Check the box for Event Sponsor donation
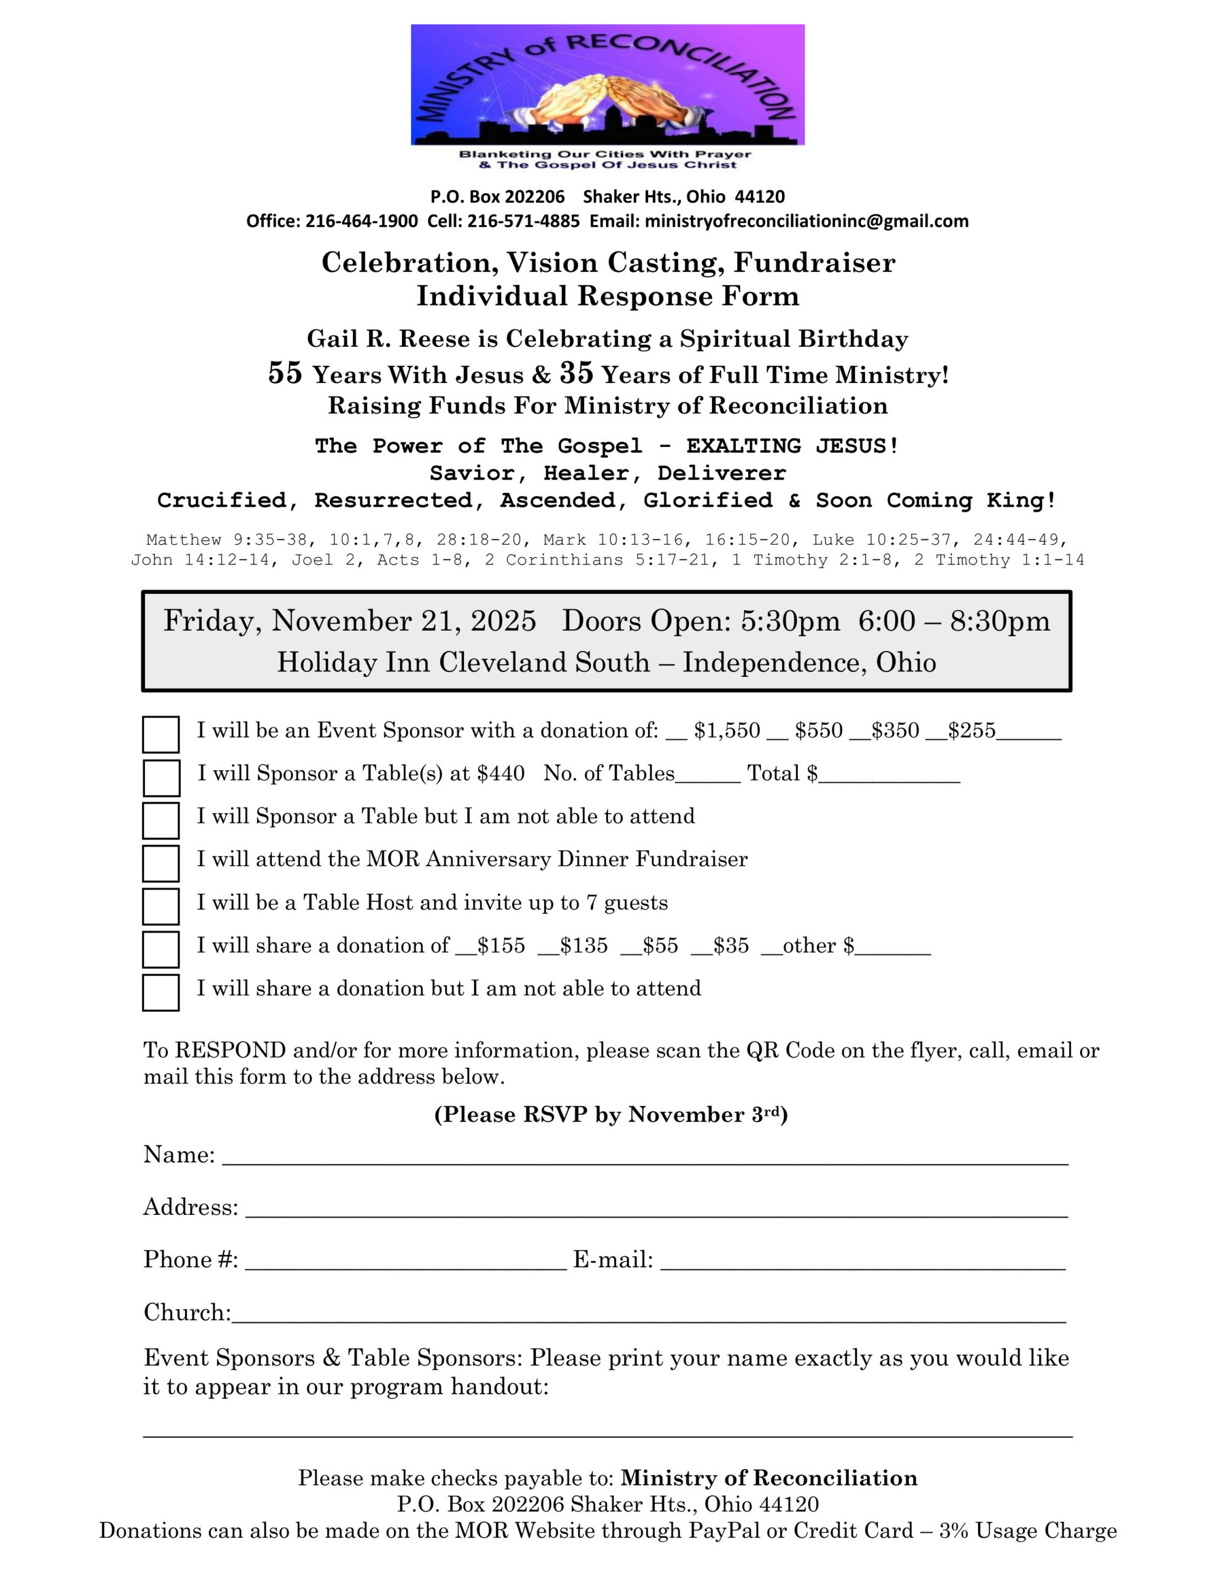(160, 734)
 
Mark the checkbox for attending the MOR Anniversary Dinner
(160, 863)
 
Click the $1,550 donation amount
(727, 731)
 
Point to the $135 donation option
(583, 946)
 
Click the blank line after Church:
(649, 1316)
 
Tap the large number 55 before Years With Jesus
(285, 373)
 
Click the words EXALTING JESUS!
(792, 446)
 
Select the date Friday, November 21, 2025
(350, 621)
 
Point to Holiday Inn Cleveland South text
(464, 662)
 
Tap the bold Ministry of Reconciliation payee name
(769, 1479)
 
